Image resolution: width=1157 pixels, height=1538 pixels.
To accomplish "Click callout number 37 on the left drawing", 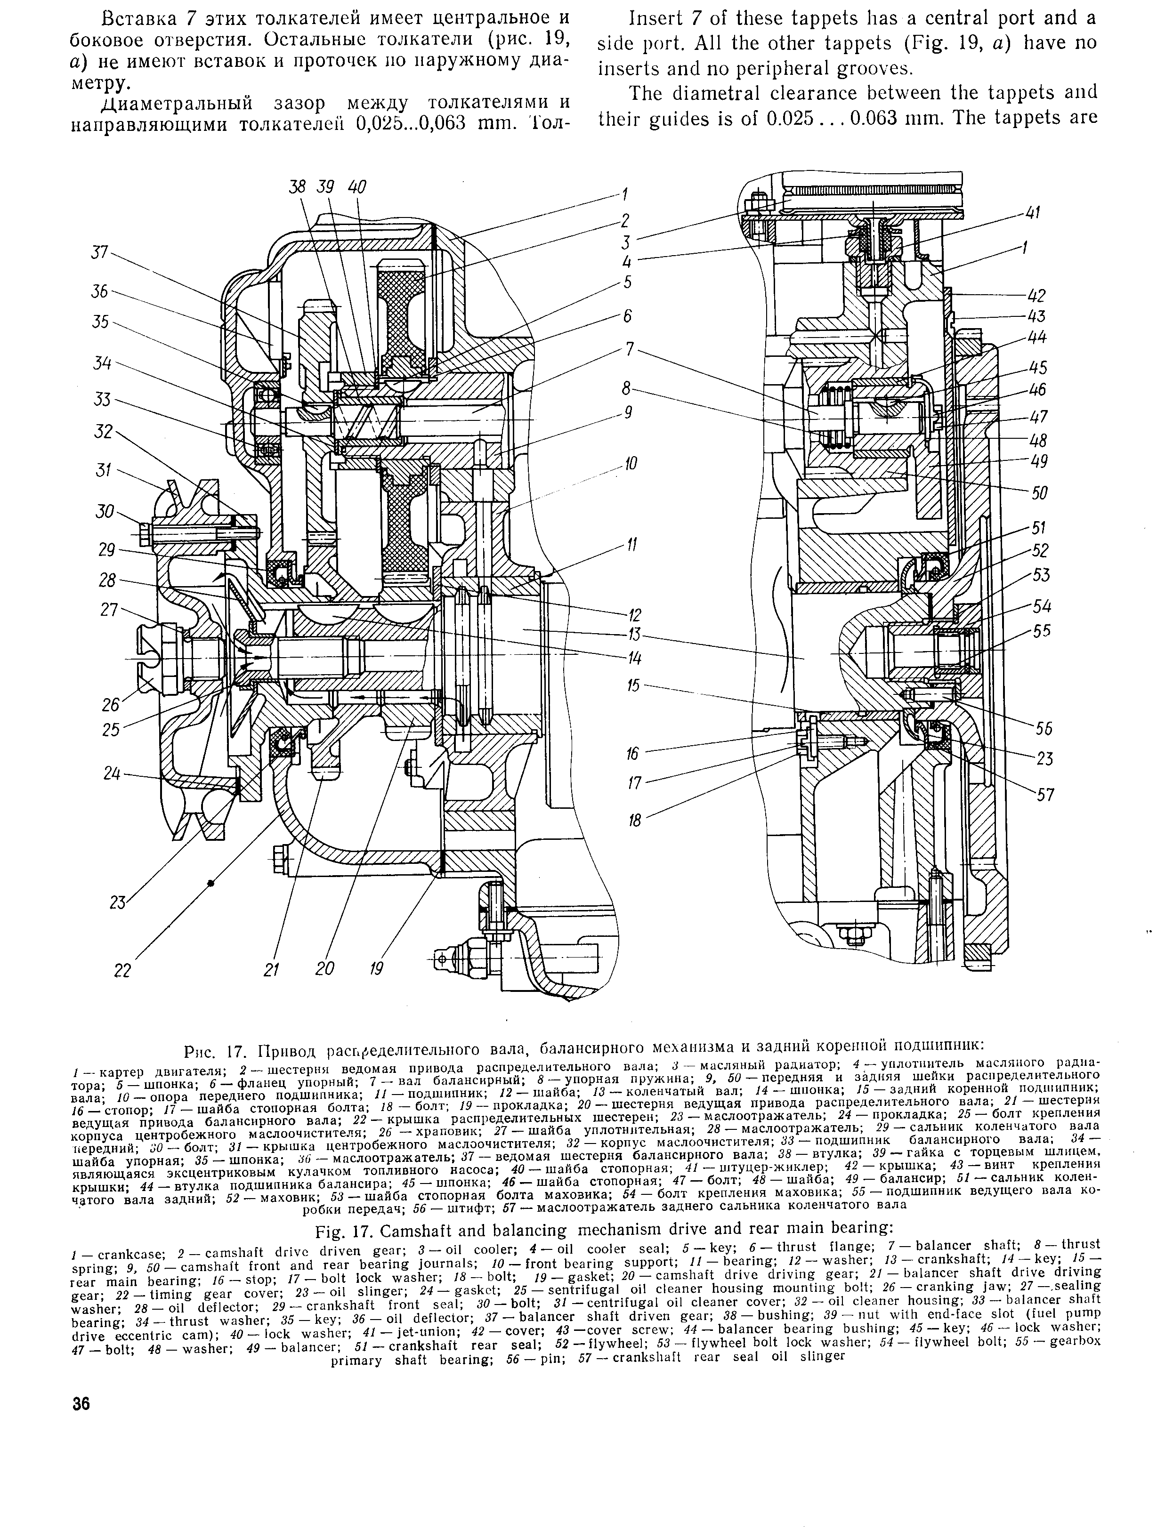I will pos(101,252).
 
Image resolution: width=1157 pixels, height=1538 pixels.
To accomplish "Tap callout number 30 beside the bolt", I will pos(104,512).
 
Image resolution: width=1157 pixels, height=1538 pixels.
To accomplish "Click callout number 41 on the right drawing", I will pos(1033,214).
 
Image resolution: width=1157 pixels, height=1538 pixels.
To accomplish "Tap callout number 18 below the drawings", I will pos(634,821).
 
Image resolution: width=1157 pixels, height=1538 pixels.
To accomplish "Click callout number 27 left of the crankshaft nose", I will pos(109,610).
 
